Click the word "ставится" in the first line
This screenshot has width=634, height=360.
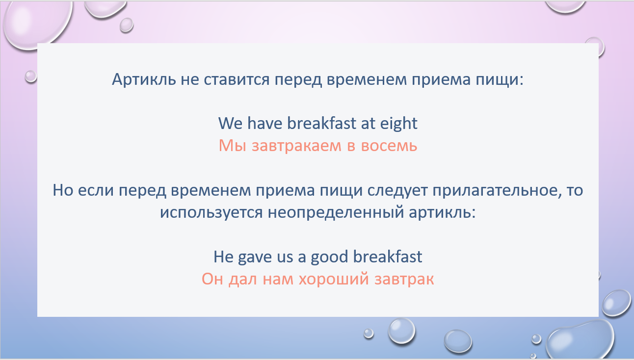click(237, 79)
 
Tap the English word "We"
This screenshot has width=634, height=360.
click(231, 123)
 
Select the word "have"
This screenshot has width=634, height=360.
click(265, 123)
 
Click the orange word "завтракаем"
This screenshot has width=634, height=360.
click(296, 146)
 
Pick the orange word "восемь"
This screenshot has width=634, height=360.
click(389, 146)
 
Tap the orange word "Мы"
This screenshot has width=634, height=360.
click(233, 145)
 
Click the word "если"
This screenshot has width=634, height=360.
click(96, 190)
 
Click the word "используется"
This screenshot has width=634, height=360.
click(211, 213)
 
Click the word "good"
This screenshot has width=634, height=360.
click(329, 257)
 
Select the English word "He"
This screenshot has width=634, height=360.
click(223, 257)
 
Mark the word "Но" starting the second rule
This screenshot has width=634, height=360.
click(63, 190)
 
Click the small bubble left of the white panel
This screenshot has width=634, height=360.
click(31, 77)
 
